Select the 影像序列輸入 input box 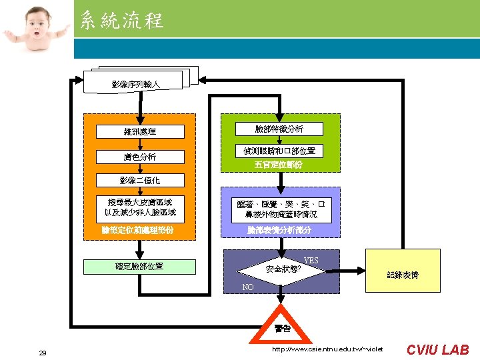pyautogui.click(x=135, y=84)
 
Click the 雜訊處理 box pyautogui.click(x=140, y=132)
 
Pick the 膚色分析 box pyautogui.click(x=140, y=157)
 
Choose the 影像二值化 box pyautogui.click(x=140, y=181)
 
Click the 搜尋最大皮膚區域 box pyautogui.click(x=140, y=207)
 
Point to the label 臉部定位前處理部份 pyautogui.click(x=139, y=229)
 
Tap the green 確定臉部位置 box pyautogui.click(x=139, y=267)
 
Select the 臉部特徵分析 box pyautogui.click(x=279, y=129)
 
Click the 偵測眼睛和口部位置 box pyautogui.click(x=279, y=151)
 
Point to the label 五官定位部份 pyautogui.click(x=279, y=164)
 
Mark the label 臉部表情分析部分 pyautogui.click(x=279, y=230)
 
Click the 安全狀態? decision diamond pyautogui.click(x=283, y=269)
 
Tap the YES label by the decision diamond pyautogui.click(x=311, y=260)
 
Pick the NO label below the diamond pyautogui.click(x=248, y=287)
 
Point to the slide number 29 pyautogui.click(x=43, y=353)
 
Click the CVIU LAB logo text pyautogui.click(x=438, y=349)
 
